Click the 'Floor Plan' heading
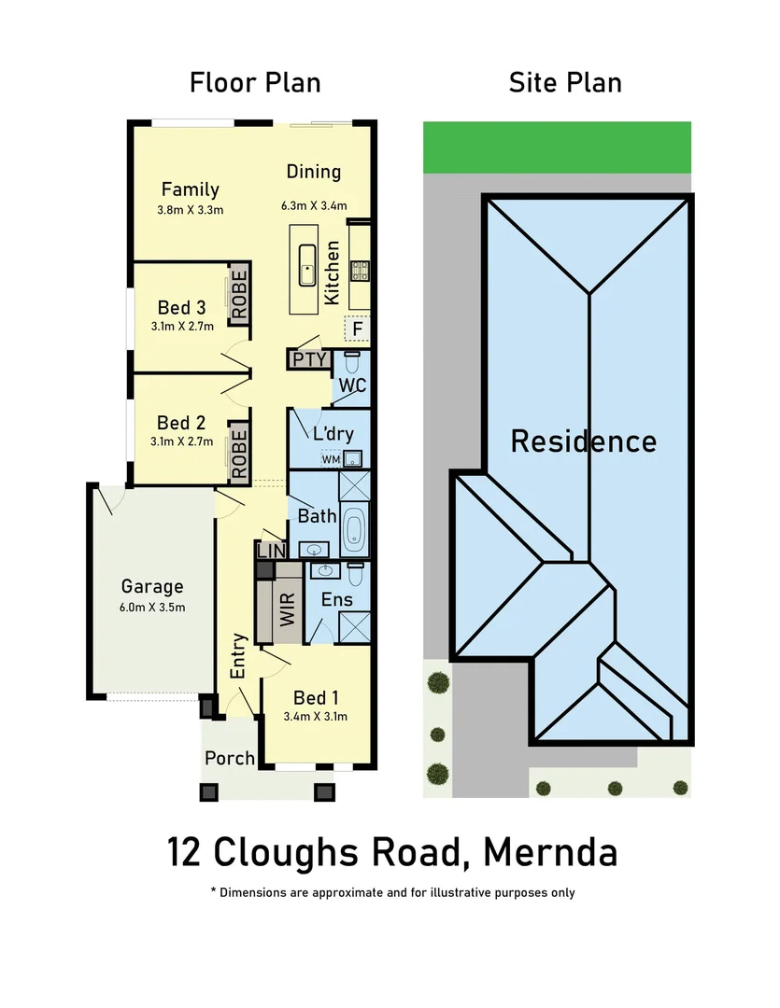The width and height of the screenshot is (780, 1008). click(255, 82)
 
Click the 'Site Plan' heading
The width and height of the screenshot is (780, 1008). click(565, 82)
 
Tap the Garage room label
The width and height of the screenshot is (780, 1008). click(152, 587)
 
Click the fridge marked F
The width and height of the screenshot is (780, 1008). click(356, 329)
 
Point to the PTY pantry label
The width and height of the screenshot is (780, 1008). click(309, 359)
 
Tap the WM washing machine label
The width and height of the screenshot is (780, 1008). click(331, 459)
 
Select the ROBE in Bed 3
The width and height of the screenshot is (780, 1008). click(239, 294)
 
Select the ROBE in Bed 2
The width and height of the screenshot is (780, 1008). click(239, 453)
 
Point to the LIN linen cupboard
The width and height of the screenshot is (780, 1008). click(271, 552)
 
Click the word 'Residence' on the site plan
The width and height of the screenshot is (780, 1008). click(583, 441)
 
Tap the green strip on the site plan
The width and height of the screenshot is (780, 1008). click(557, 147)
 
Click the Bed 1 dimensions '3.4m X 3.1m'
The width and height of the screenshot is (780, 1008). click(315, 717)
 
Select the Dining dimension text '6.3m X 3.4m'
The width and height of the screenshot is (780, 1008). click(314, 206)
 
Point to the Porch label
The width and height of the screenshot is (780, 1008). click(230, 758)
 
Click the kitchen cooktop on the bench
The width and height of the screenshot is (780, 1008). click(359, 271)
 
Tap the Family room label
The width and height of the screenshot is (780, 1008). click(190, 189)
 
